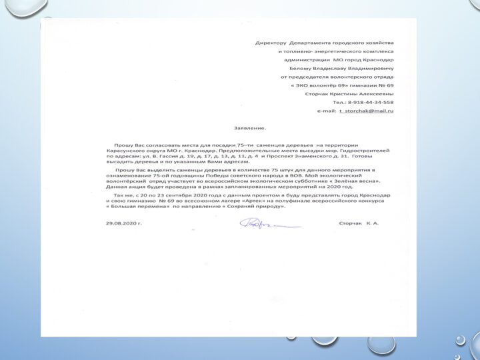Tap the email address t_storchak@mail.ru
366,111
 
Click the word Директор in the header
271,43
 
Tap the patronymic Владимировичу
371,69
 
